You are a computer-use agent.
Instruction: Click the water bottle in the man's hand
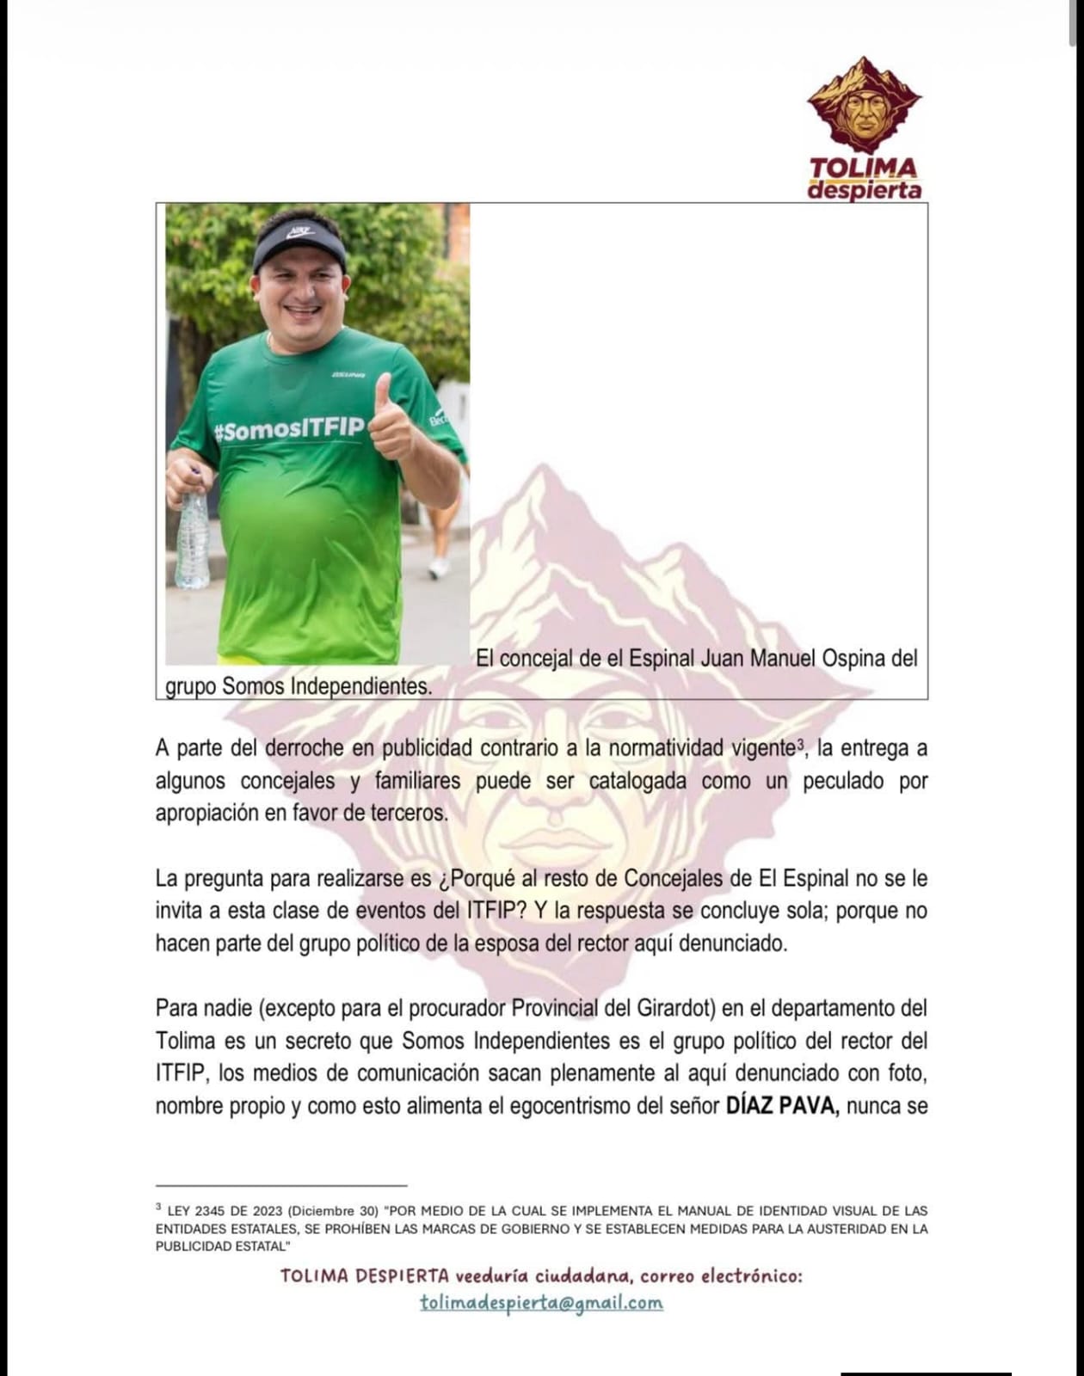[193, 537]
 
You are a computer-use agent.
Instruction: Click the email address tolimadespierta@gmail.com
[541, 1303]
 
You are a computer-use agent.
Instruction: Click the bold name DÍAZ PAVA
[782, 1106]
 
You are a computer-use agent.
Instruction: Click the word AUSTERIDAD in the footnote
[833, 1229]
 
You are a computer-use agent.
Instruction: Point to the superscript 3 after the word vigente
[800, 744]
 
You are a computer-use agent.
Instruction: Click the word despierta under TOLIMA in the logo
[864, 190]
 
